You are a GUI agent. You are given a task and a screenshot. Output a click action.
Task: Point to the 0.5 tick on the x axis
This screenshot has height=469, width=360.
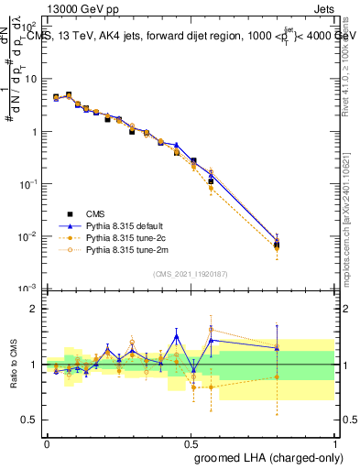pyautogui.click(x=191, y=442)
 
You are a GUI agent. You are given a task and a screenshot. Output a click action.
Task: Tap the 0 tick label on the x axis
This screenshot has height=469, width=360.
pyautogui.click(x=47, y=442)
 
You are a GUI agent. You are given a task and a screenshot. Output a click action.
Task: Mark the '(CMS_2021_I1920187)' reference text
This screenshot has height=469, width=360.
pyautogui.click(x=191, y=273)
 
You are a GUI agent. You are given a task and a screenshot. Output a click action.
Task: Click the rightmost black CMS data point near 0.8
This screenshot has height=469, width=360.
pyautogui.click(x=277, y=245)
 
